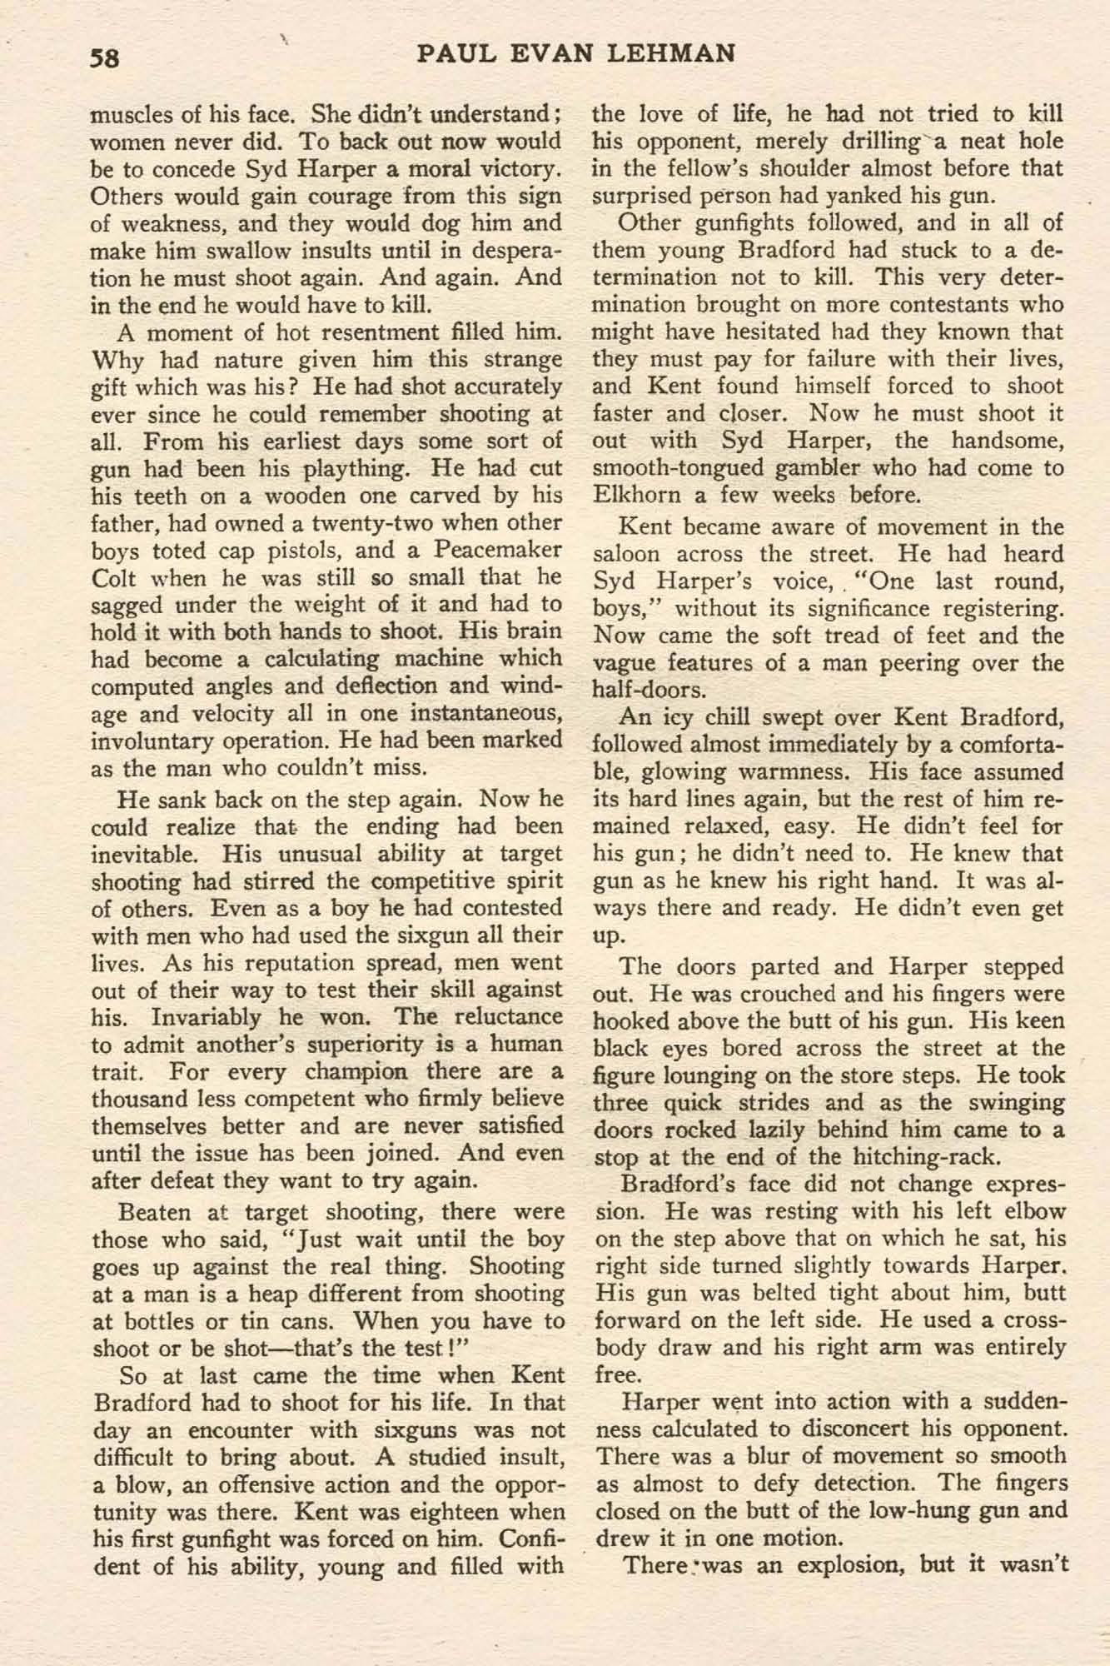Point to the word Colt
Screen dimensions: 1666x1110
113,577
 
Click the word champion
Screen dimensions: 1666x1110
353,1070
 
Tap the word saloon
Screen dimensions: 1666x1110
626,554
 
